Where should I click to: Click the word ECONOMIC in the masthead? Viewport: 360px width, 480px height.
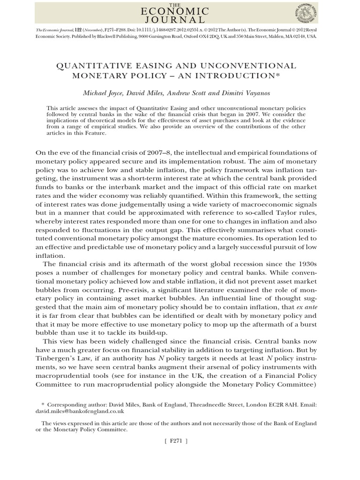(x=180, y=12)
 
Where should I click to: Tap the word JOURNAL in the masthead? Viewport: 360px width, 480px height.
(x=180, y=20)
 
